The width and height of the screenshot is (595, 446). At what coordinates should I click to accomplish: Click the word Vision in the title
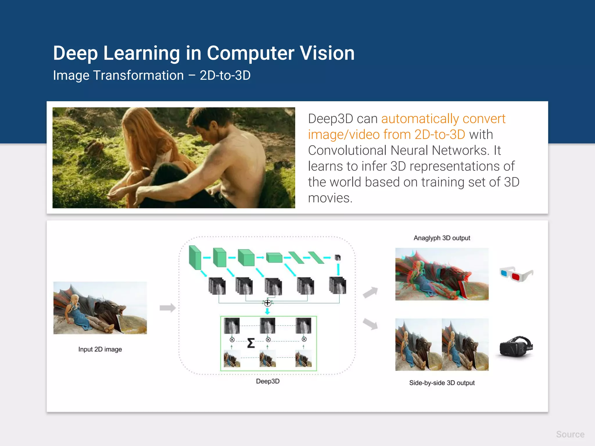coord(327,53)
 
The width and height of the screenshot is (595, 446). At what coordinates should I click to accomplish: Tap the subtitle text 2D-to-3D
coord(225,75)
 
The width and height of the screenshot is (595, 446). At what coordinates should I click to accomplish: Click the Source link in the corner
coord(570,434)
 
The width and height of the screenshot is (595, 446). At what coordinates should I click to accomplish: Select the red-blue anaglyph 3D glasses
coord(516,274)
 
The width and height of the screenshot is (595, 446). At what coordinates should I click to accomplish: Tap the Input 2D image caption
coord(100,349)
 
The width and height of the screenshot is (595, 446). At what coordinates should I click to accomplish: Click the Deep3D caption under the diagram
coord(268,381)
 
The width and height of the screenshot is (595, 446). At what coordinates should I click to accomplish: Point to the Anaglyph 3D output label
coord(442,238)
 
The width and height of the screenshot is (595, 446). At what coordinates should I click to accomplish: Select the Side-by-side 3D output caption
coord(442,383)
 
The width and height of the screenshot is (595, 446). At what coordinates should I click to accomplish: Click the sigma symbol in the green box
coord(251,343)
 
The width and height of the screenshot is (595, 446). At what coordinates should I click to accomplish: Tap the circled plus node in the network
coord(268,303)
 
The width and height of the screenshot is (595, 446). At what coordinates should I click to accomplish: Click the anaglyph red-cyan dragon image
coord(442,274)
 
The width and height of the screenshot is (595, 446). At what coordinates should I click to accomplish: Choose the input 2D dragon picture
coord(100,308)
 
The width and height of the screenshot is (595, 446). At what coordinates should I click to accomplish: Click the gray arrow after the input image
coord(168,308)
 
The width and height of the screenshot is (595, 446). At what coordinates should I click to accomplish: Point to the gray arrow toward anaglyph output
coord(370,292)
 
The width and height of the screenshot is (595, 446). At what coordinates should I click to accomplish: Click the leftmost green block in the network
coord(195,257)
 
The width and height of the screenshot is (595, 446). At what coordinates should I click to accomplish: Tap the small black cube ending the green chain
coord(338,258)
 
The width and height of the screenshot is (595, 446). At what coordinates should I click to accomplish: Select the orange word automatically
coord(420,119)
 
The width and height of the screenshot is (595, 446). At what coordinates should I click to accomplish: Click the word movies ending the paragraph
coord(330,198)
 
